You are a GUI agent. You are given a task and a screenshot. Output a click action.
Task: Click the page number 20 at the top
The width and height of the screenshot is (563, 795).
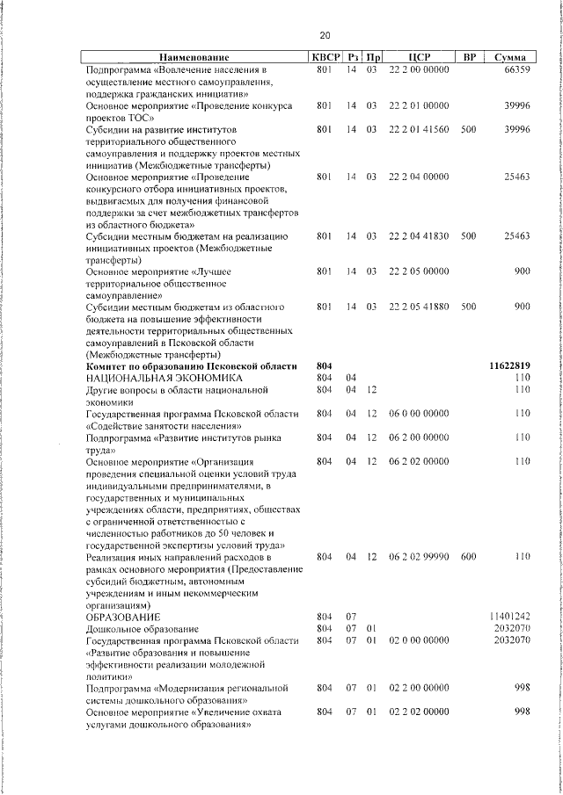coord(325,35)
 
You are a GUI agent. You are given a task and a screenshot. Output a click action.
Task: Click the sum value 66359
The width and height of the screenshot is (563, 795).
coord(516,69)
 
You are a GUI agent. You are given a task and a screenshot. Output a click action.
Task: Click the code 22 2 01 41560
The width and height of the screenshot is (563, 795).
coord(419,129)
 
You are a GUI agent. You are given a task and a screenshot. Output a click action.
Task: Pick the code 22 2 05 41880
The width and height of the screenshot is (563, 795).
coord(419,307)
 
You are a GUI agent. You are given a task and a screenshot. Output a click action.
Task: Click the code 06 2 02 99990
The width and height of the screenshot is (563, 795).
coord(419,557)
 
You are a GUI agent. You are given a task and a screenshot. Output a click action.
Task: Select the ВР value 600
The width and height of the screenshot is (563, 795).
coord(468,557)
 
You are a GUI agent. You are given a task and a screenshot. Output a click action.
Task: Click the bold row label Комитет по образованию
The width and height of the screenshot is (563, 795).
coord(188,365)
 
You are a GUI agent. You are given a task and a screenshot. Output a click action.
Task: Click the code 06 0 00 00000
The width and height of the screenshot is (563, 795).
coord(419,412)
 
